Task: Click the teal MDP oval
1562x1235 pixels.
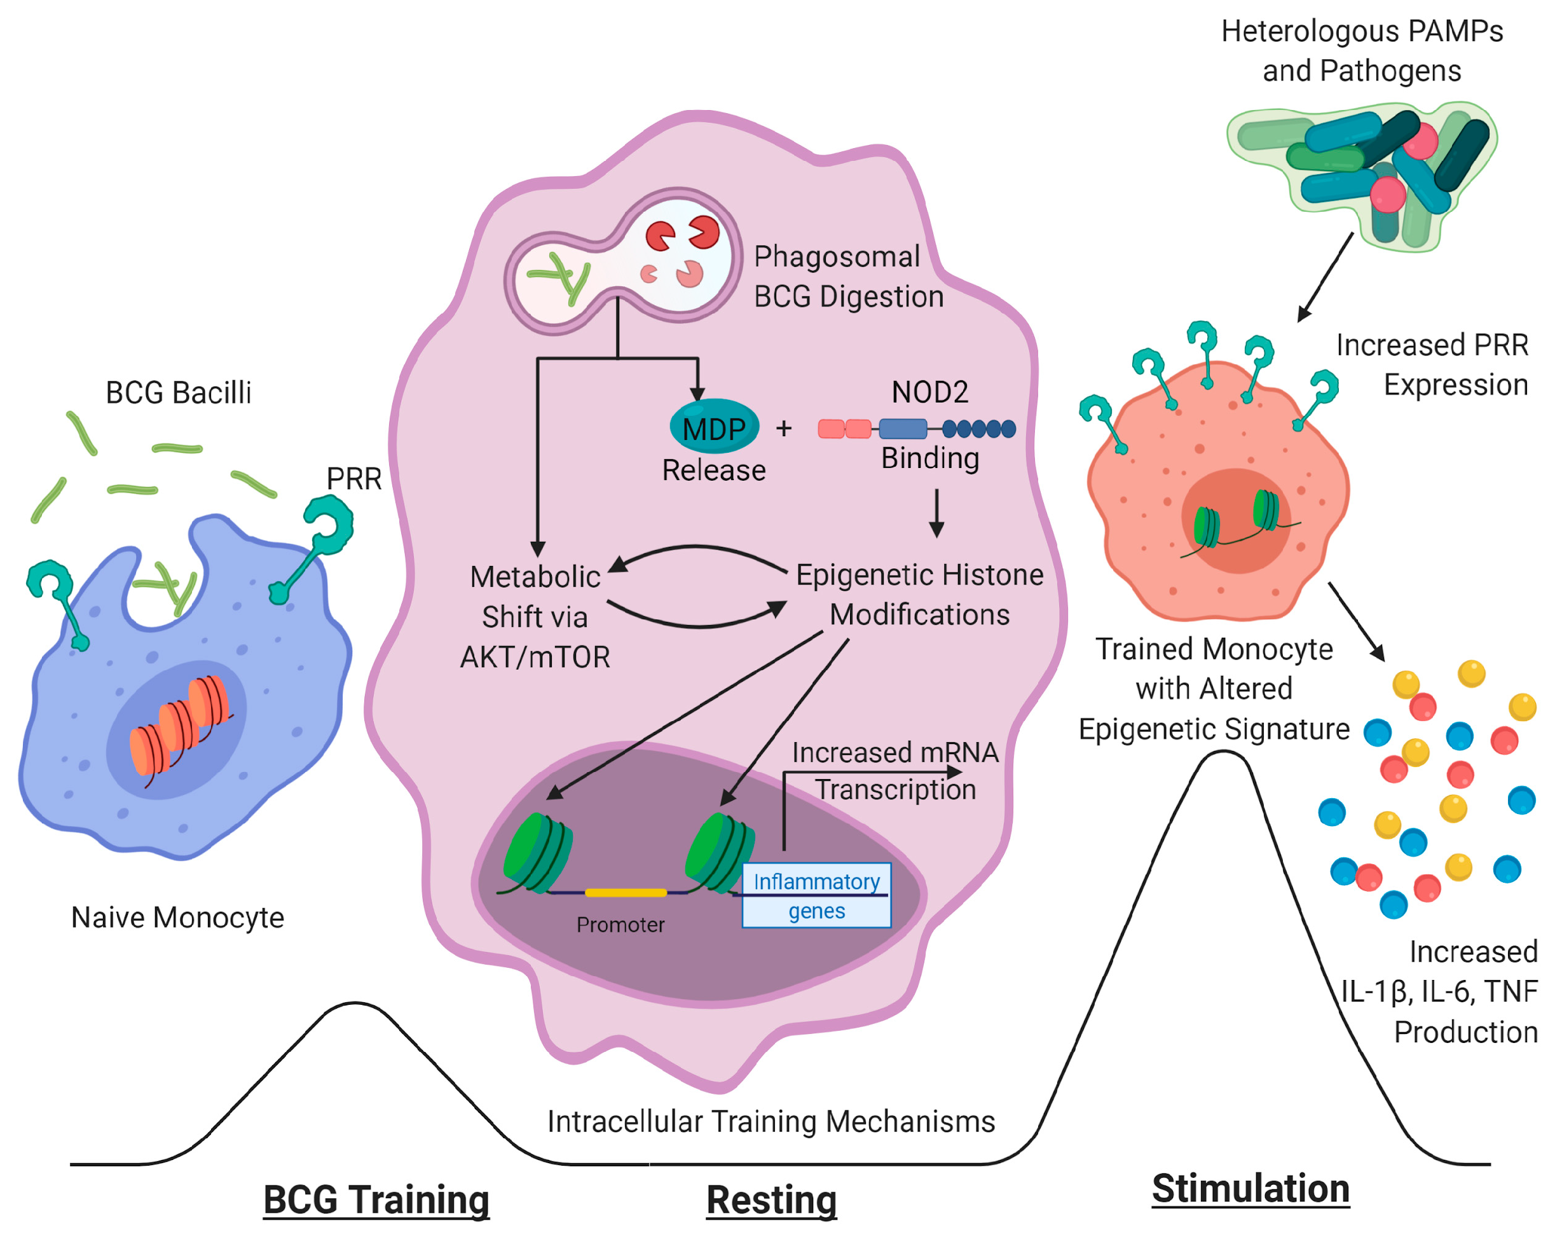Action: (714, 427)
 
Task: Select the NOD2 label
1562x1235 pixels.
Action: (929, 392)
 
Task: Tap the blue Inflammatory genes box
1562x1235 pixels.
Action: (817, 895)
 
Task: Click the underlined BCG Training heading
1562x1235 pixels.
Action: (376, 1200)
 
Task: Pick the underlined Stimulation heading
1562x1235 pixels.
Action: (1250, 1189)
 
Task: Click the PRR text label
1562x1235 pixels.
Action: (353, 479)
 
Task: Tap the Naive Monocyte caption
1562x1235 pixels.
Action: (178, 918)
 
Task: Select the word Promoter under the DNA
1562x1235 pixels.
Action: (620, 925)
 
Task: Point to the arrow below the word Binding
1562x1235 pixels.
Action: (937, 513)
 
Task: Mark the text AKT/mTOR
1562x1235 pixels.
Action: (535, 658)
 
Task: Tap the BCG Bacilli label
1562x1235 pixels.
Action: (179, 392)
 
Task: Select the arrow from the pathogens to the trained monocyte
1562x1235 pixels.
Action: (1325, 277)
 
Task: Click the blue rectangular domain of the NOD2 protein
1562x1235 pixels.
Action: (903, 429)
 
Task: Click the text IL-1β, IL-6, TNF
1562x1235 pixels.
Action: (1439, 991)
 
